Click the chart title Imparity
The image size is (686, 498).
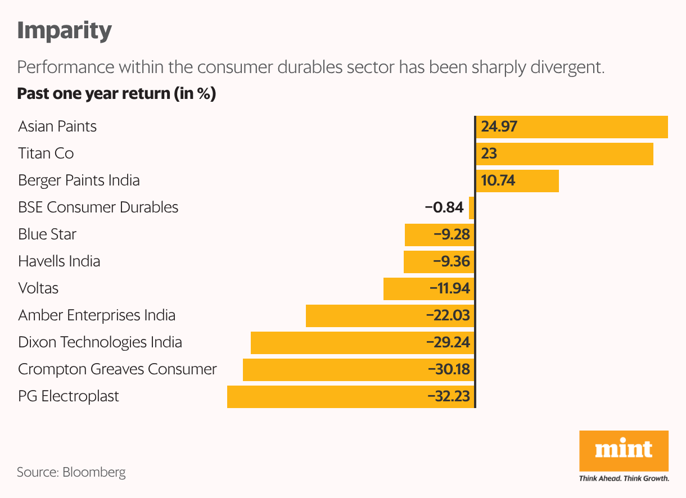coord(64,30)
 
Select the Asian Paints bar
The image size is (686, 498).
coord(572,126)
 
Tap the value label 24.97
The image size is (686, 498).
coord(499,126)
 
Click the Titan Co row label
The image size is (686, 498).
coord(46,153)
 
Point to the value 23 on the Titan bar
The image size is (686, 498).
coord(489,153)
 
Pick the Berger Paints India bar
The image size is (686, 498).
coord(517,180)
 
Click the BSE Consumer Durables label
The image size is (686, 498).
coord(98,207)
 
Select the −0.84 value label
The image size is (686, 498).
coord(444,207)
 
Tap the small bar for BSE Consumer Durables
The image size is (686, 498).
coord(472,207)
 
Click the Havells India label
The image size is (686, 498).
coord(59,261)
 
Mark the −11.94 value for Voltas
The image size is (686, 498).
coord(449,288)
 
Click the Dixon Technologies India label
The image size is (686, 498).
coord(100,342)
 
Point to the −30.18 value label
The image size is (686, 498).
coord(448,369)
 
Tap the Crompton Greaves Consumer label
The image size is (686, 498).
coord(117,369)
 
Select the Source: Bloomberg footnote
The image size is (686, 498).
coord(71,472)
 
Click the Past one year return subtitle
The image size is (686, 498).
coord(116,93)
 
